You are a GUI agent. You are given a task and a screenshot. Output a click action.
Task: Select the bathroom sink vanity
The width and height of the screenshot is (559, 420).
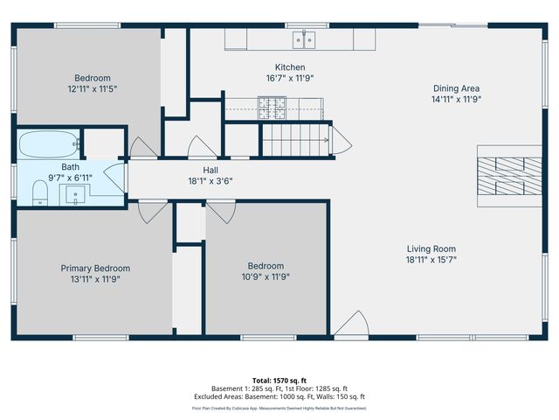click(77, 195)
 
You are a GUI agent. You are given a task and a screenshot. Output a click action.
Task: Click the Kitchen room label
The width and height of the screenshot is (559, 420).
click(290, 67)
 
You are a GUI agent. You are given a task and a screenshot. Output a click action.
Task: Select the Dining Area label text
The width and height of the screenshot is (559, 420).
click(456, 87)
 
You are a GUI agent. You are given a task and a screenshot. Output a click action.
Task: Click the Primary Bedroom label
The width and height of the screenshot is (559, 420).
click(95, 269)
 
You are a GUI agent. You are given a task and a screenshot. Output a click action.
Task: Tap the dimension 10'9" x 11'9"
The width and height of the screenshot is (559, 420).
click(266, 277)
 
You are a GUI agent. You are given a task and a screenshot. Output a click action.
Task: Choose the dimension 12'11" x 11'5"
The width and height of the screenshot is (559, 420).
click(92, 88)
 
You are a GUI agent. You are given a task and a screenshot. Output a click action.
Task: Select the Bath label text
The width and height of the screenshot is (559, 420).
click(70, 166)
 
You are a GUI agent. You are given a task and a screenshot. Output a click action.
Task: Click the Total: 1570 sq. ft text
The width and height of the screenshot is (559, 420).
click(279, 380)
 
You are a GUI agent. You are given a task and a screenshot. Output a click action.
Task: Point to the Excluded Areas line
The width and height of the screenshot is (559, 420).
click(279, 398)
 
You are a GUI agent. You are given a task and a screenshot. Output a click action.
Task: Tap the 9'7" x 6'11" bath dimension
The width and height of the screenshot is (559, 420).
click(70, 177)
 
